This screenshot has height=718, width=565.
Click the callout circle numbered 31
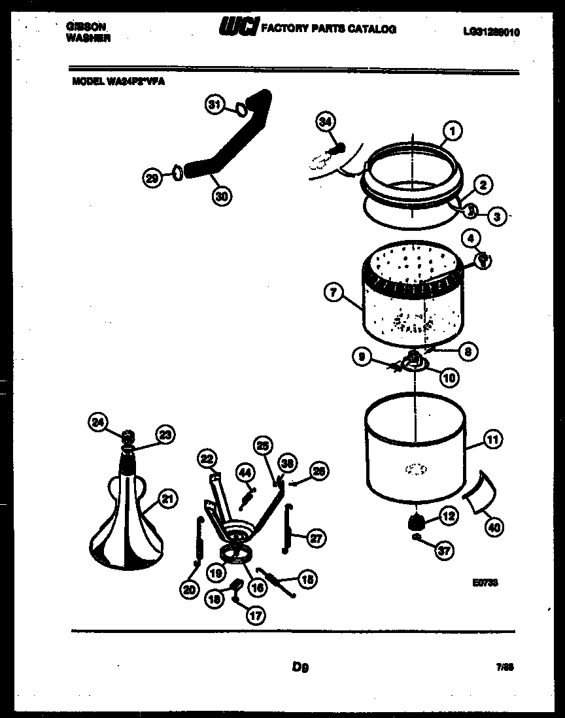[x=215, y=105]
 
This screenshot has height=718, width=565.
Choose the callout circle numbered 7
[x=333, y=294]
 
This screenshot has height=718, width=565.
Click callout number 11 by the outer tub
[x=492, y=441]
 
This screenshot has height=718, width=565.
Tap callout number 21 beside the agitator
[x=167, y=500]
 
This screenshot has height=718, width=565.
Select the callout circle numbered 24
[x=97, y=423]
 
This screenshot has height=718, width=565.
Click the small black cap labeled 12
[x=415, y=521]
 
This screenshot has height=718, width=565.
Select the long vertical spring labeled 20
[x=199, y=542]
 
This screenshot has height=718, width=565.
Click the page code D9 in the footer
[x=300, y=668]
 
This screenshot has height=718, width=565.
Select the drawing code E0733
[x=485, y=583]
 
